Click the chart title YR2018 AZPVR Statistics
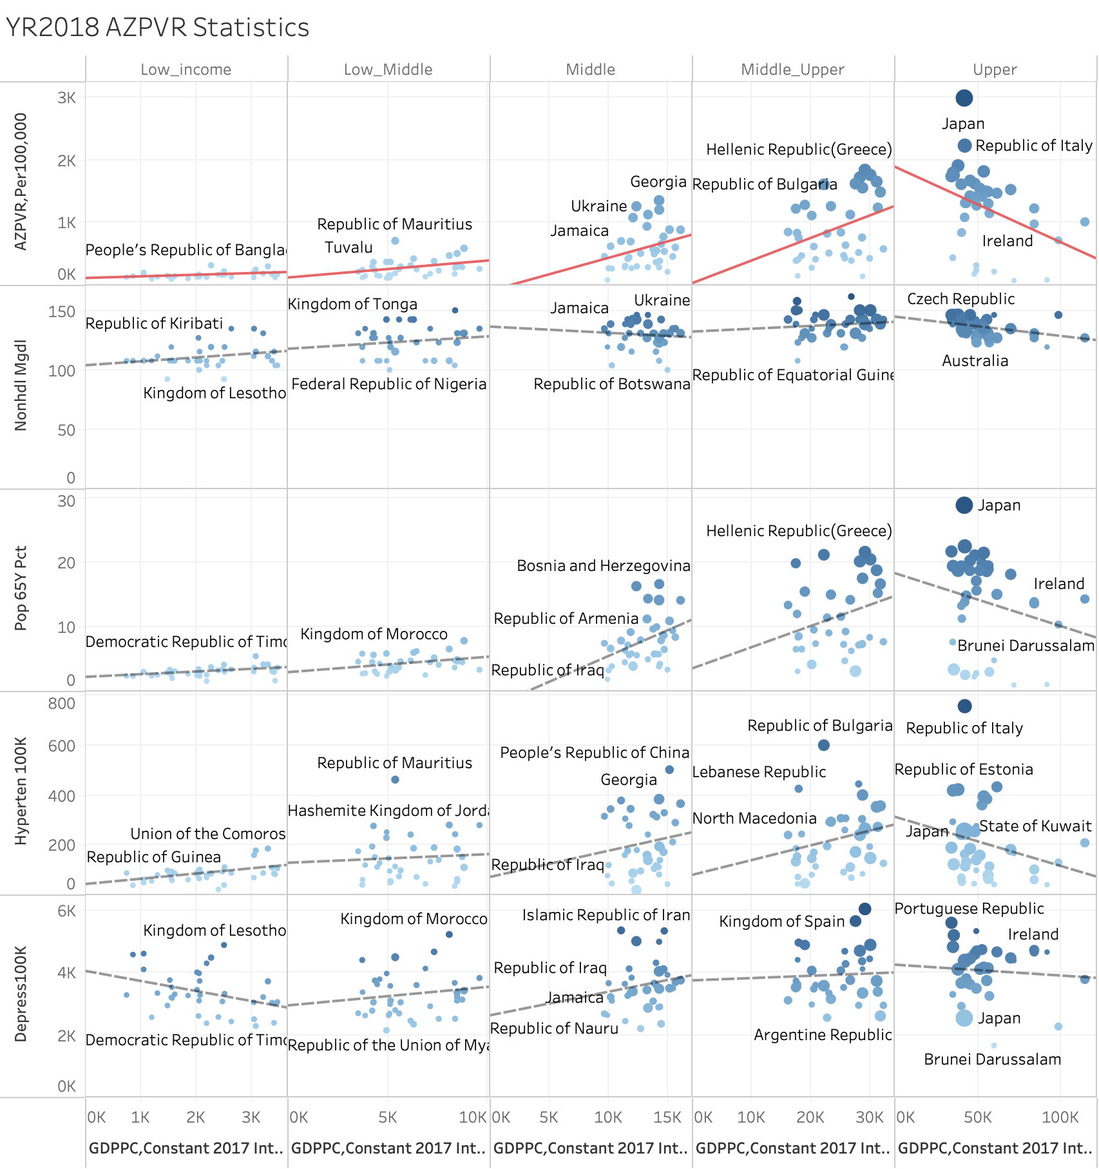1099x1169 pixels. (x=157, y=28)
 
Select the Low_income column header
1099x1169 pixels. (x=186, y=70)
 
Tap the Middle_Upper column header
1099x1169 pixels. (x=792, y=70)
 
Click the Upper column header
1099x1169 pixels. (x=995, y=70)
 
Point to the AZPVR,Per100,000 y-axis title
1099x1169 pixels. (x=21, y=182)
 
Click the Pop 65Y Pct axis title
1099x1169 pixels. (x=21, y=588)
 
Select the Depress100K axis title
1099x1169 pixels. (x=21, y=994)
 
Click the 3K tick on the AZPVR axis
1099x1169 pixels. (x=66, y=98)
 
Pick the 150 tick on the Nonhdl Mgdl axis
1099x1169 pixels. (x=62, y=312)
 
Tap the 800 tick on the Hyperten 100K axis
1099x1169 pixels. (x=62, y=704)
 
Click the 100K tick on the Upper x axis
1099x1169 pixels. (x=1060, y=1117)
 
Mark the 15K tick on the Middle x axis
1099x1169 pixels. (x=667, y=1117)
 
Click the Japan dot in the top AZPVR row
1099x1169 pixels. (x=964, y=98)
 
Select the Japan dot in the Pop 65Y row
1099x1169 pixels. (x=964, y=505)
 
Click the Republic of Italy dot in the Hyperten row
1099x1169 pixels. (x=964, y=706)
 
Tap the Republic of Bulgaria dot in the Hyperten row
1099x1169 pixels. (x=823, y=745)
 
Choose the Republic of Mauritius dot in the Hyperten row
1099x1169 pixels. (x=395, y=780)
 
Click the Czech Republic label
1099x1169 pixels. (x=960, y=299)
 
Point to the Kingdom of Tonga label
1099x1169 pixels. (x=352, y=304)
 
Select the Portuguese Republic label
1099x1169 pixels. (x=969, y=909)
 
